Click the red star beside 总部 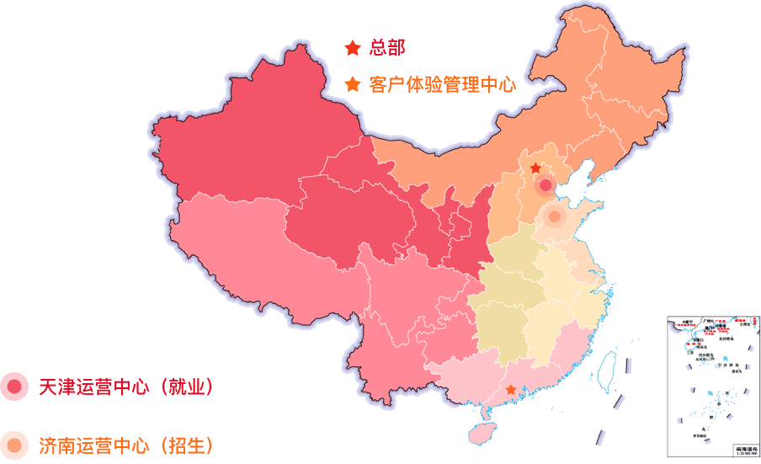click(352, 48)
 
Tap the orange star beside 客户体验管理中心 click(352, 85)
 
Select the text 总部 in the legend click(387, 48)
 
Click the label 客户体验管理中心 click(442, 85)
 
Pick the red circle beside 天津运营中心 click(14, 387)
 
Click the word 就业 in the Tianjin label click(185, 387)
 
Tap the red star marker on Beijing click(535, 168)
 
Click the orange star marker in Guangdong click(511, 390)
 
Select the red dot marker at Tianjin click(545, 184)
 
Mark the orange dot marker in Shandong click(554, 216)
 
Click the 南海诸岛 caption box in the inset click(746, 451)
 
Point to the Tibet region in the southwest click(253, 253)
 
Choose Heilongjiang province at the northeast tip click(623, 76)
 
